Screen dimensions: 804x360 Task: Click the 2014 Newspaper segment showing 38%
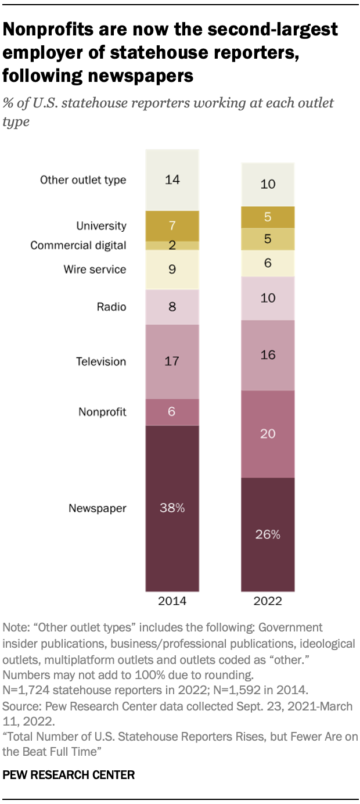[x=172, y=508]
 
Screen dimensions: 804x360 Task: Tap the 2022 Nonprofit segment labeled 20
[x=268, y=434]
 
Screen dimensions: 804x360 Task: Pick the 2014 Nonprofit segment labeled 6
[x=172, y=412]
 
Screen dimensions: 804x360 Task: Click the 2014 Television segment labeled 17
[x=172, y=361]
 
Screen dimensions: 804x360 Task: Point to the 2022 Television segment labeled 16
[x=268, y=355]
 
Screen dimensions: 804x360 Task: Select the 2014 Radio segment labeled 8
[x=172, y=307]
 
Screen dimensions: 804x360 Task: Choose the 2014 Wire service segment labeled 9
[x=172, y=270]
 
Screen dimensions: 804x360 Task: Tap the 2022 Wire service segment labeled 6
[x=268, y=263]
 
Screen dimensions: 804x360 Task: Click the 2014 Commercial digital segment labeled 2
[x=172, y=245]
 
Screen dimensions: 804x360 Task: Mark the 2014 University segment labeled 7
[x=172, y=225]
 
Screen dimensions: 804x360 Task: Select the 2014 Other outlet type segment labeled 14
[x=172, y=180]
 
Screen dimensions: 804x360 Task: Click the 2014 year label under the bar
[x=172, y=601]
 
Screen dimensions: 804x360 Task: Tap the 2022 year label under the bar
[x=268, y=601]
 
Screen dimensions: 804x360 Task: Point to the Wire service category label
[x=95, y=270]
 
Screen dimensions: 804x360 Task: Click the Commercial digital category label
[x=78, y=245]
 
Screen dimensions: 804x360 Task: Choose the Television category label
[x=101, y=361]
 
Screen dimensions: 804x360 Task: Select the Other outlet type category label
[x=83, y=180]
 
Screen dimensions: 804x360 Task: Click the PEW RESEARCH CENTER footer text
[x=69, y=774]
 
